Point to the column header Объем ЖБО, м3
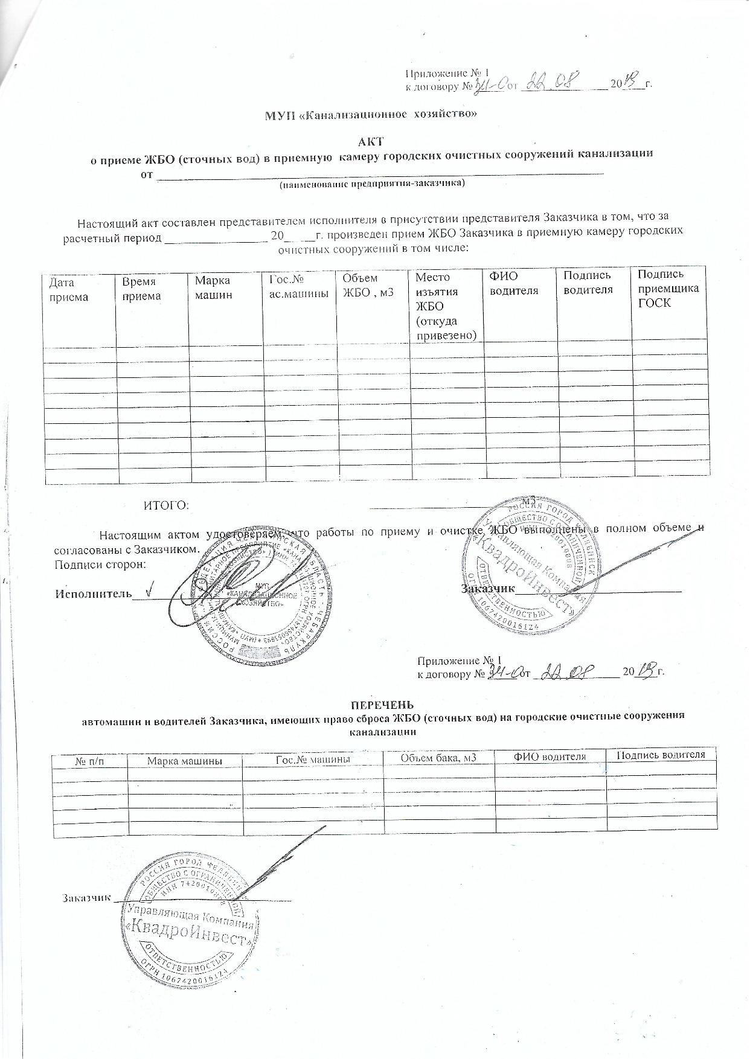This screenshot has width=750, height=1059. click(368, 285)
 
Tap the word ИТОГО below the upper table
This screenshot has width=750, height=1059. click(166, 505)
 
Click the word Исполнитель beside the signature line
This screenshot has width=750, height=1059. click(94, 593)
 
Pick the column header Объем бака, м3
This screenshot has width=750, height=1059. click(438, 757)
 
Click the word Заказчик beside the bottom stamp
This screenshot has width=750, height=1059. click(85, 897)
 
